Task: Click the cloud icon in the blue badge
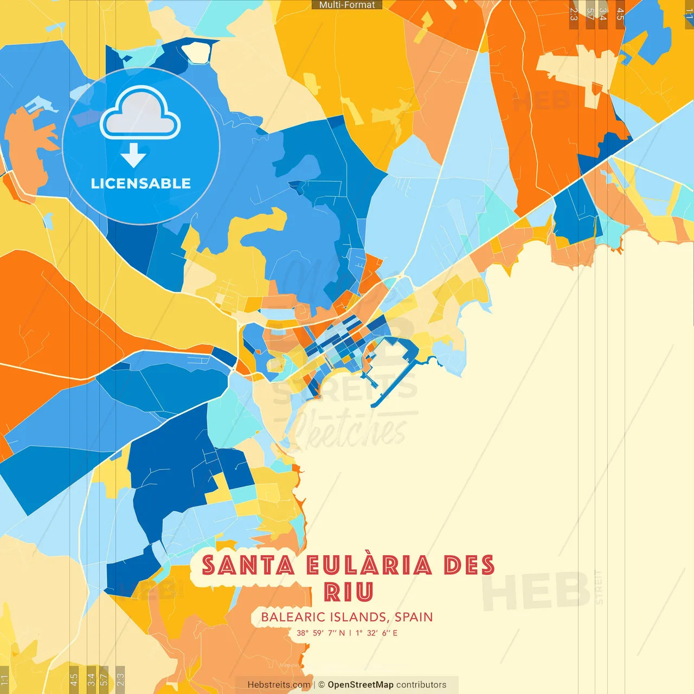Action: [140, 114]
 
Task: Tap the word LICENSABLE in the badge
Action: [140, 184]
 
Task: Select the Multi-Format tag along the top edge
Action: [347, 5]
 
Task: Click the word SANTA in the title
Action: [248, 566]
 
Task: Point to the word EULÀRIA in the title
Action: [369, 566]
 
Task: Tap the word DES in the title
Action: [469, 566]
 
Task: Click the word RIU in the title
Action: [349, 592]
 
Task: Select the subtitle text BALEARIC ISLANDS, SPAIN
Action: [347, 617]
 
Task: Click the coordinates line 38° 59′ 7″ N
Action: [321, 633]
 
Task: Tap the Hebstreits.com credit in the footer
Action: [279, 685]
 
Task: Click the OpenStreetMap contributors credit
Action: [387, 685]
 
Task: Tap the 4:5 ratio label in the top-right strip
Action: [620, 14]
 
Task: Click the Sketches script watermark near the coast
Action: [350, 431]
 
